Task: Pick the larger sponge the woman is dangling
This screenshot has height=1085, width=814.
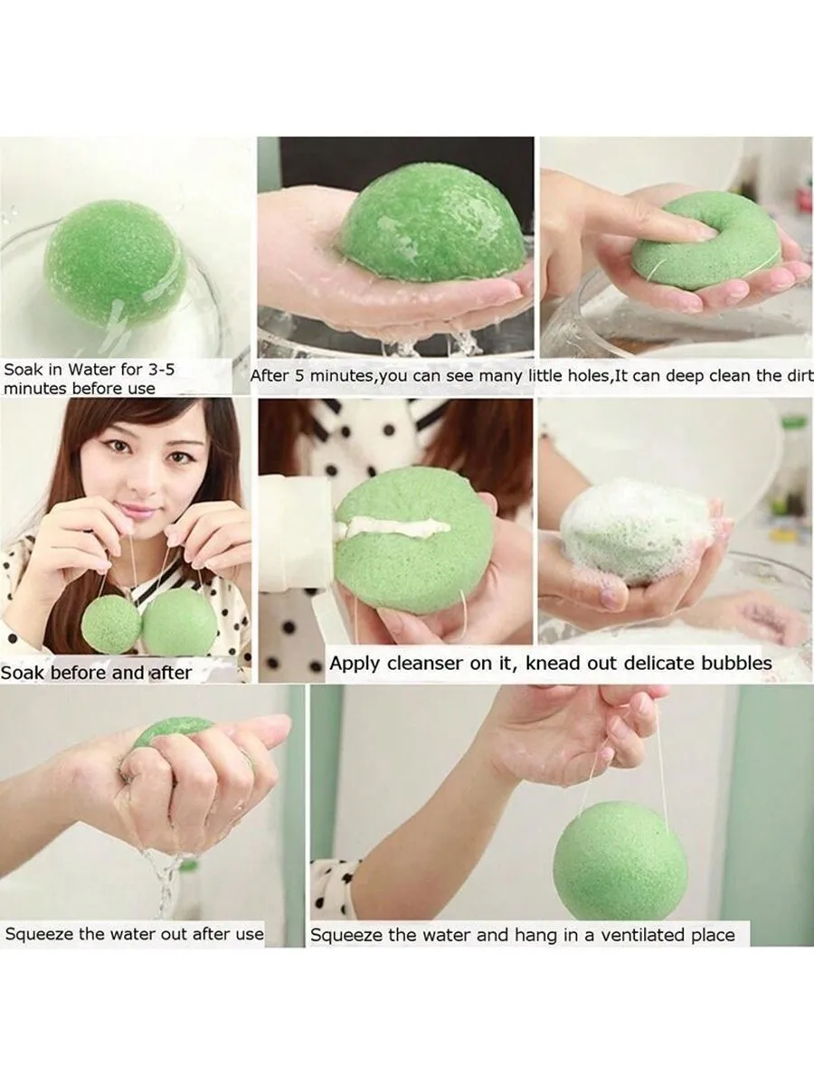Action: pyautogui.click(x=179, y=622)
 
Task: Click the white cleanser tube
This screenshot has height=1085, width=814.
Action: pyautogui.click(x=298, y=542)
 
